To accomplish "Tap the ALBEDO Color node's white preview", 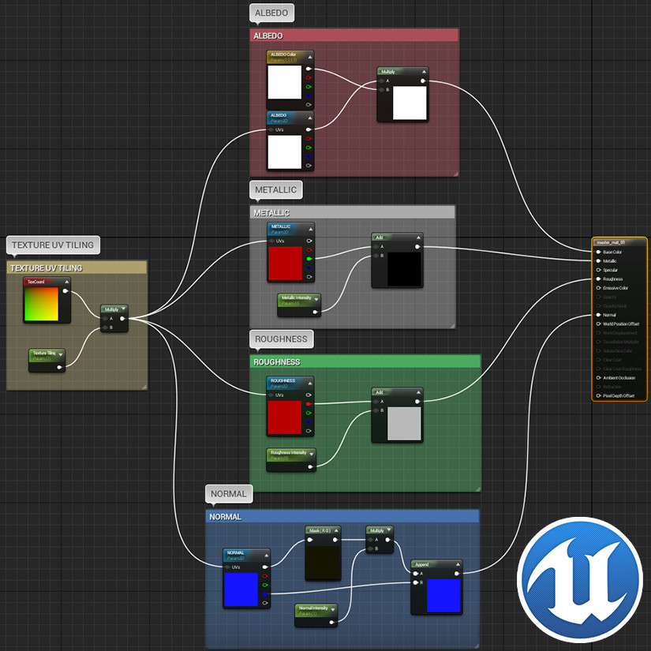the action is point(284,82).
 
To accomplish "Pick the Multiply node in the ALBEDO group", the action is point(402,71).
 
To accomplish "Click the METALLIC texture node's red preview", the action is point(284,264).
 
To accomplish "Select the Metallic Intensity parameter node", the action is point(299,298).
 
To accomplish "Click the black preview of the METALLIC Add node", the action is point(404,270).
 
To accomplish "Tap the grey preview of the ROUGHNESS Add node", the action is point(404,424).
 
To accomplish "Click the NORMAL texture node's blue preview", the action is point(241,589).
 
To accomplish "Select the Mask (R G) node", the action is point(323,530).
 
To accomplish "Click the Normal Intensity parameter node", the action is point(316,608).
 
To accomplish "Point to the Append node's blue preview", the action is point(443,595).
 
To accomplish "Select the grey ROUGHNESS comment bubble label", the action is point(281,339).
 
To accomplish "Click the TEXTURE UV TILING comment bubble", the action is point(53,245).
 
